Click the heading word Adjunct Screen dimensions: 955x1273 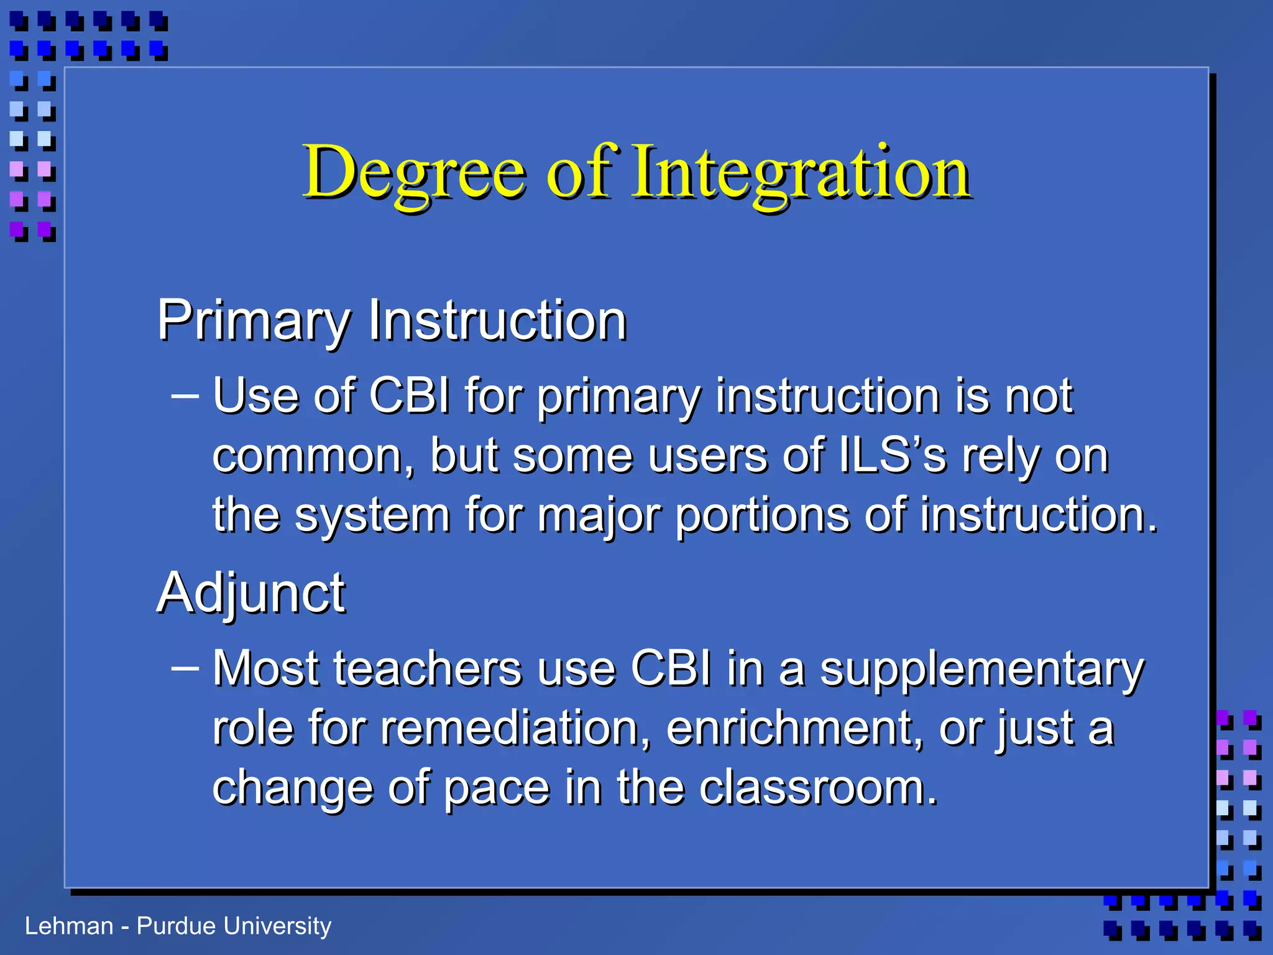[250, 594]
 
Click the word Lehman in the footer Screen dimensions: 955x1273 [68, 926]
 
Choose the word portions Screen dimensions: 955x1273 [762, 516]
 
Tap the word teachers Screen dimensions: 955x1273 [428, 669]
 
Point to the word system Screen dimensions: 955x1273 [371, 516]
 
